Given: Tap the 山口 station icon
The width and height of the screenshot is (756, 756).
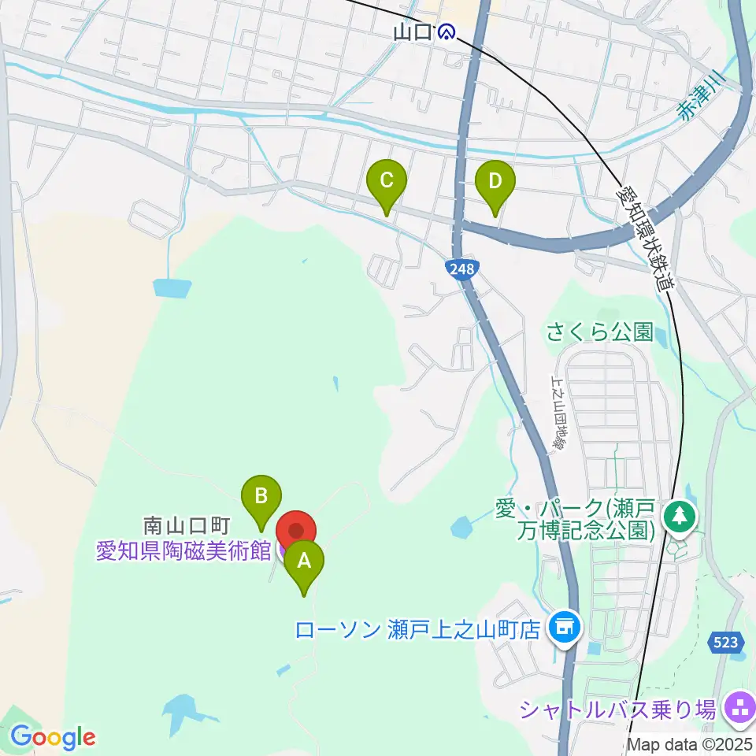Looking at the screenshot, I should (447, 32).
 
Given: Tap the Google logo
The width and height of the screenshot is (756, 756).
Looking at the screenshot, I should (53, 737).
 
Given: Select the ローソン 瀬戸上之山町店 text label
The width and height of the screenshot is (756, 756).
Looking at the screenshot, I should (419, 629).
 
